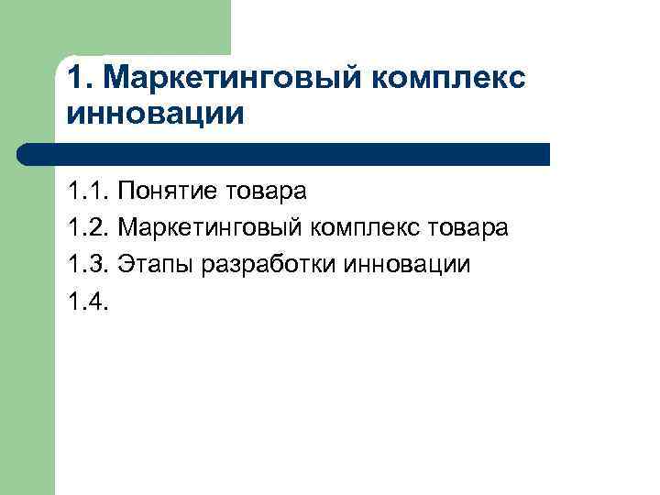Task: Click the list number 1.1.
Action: [x=88, y=192]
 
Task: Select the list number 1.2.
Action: [x=88, y=227]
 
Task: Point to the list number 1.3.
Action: [x=88, y=265]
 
